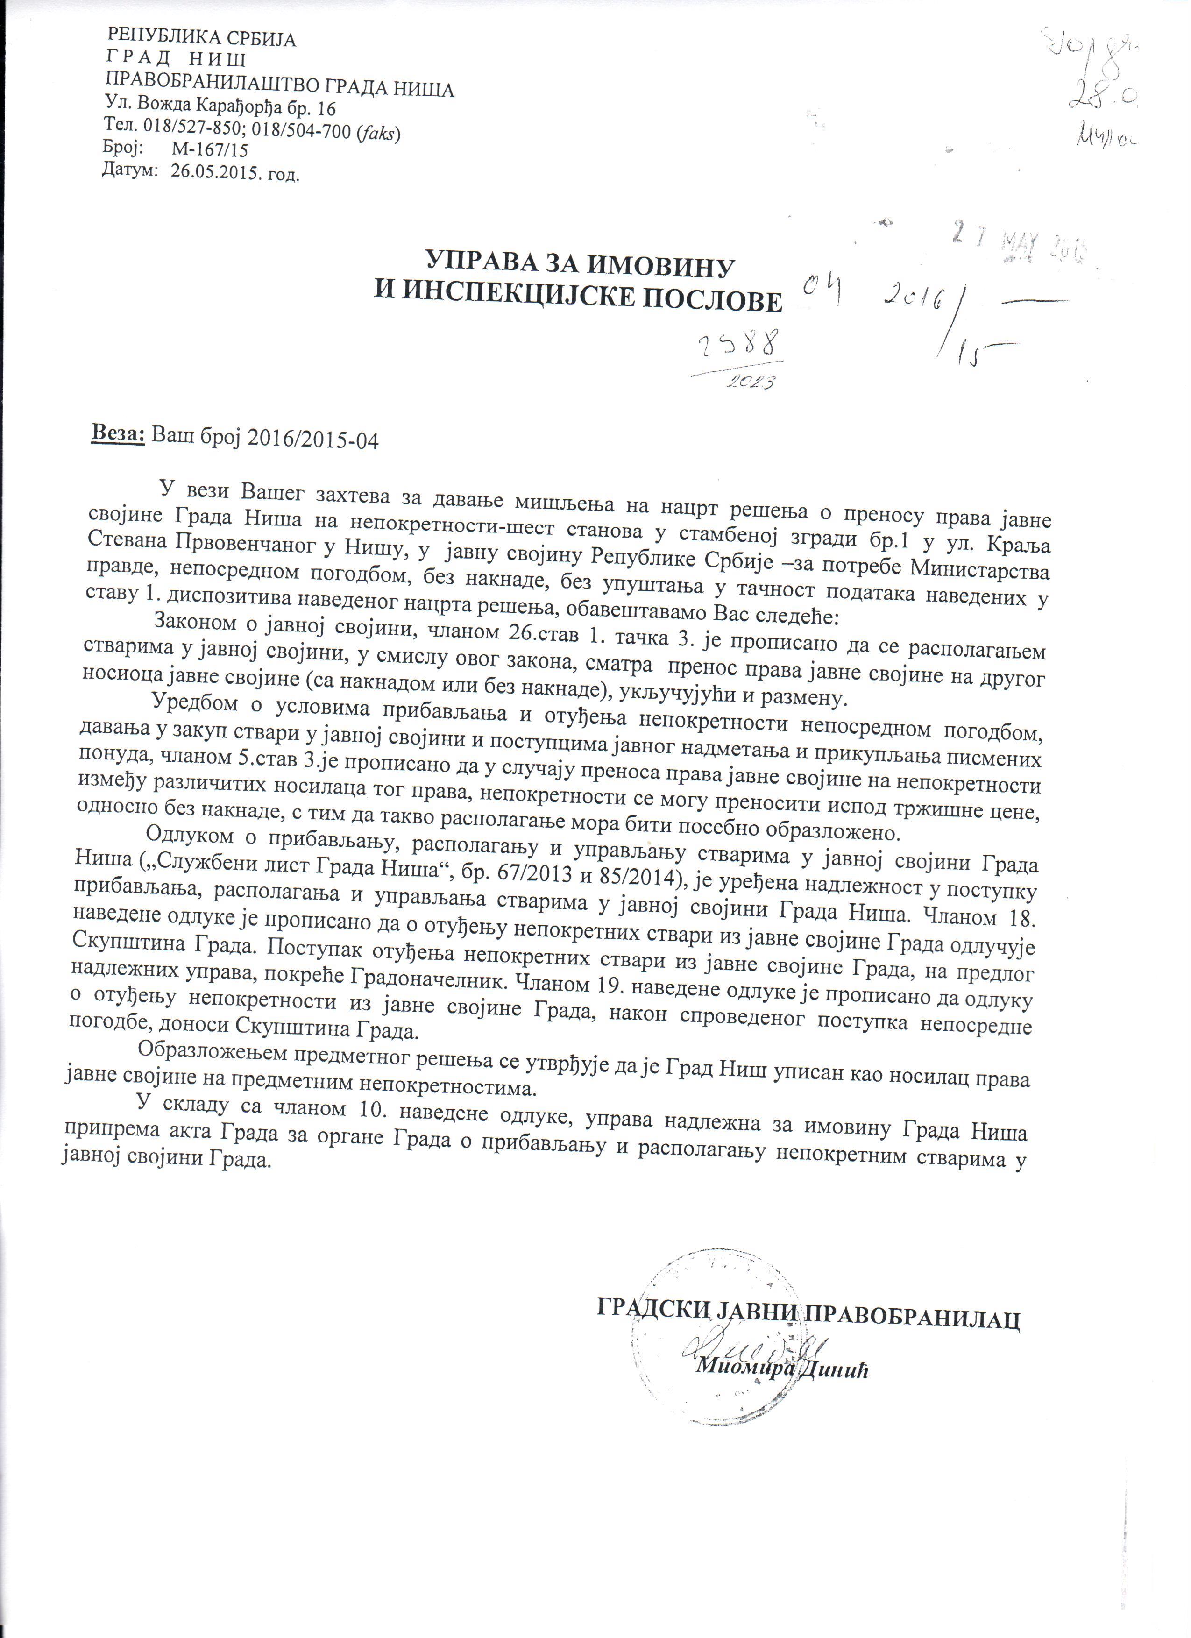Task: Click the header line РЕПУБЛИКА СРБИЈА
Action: [x=201, y=39]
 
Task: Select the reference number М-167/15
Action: [x=209, y=150]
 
